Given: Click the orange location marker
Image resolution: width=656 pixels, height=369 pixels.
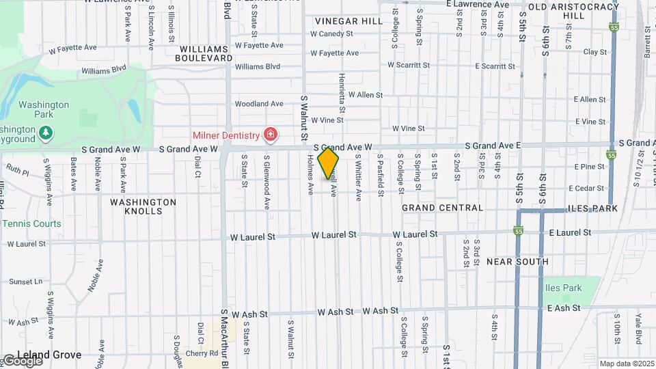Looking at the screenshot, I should [328, 163].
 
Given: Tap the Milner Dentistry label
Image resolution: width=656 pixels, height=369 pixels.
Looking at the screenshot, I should [226, 135].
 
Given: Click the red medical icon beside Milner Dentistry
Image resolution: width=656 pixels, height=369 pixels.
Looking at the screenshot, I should [270, 135].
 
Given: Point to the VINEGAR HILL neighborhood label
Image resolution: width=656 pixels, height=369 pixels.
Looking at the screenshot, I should [348, 21].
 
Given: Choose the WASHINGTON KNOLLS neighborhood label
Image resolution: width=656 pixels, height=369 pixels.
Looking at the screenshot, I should [143, 206].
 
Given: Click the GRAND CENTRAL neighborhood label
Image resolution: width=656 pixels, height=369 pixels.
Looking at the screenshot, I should [443, 208].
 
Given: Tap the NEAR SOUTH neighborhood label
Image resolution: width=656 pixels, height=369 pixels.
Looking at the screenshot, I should [517, 262].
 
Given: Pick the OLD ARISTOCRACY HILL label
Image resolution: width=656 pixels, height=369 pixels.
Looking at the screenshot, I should [574, 11].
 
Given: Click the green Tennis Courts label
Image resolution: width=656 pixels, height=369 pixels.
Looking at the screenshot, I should [31, 223].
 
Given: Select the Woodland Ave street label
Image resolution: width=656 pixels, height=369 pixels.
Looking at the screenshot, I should [258, 104].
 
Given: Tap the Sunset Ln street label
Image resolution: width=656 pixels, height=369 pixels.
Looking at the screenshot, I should [26, 282].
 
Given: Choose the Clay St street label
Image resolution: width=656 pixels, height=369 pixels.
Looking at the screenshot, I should [594, 52].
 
